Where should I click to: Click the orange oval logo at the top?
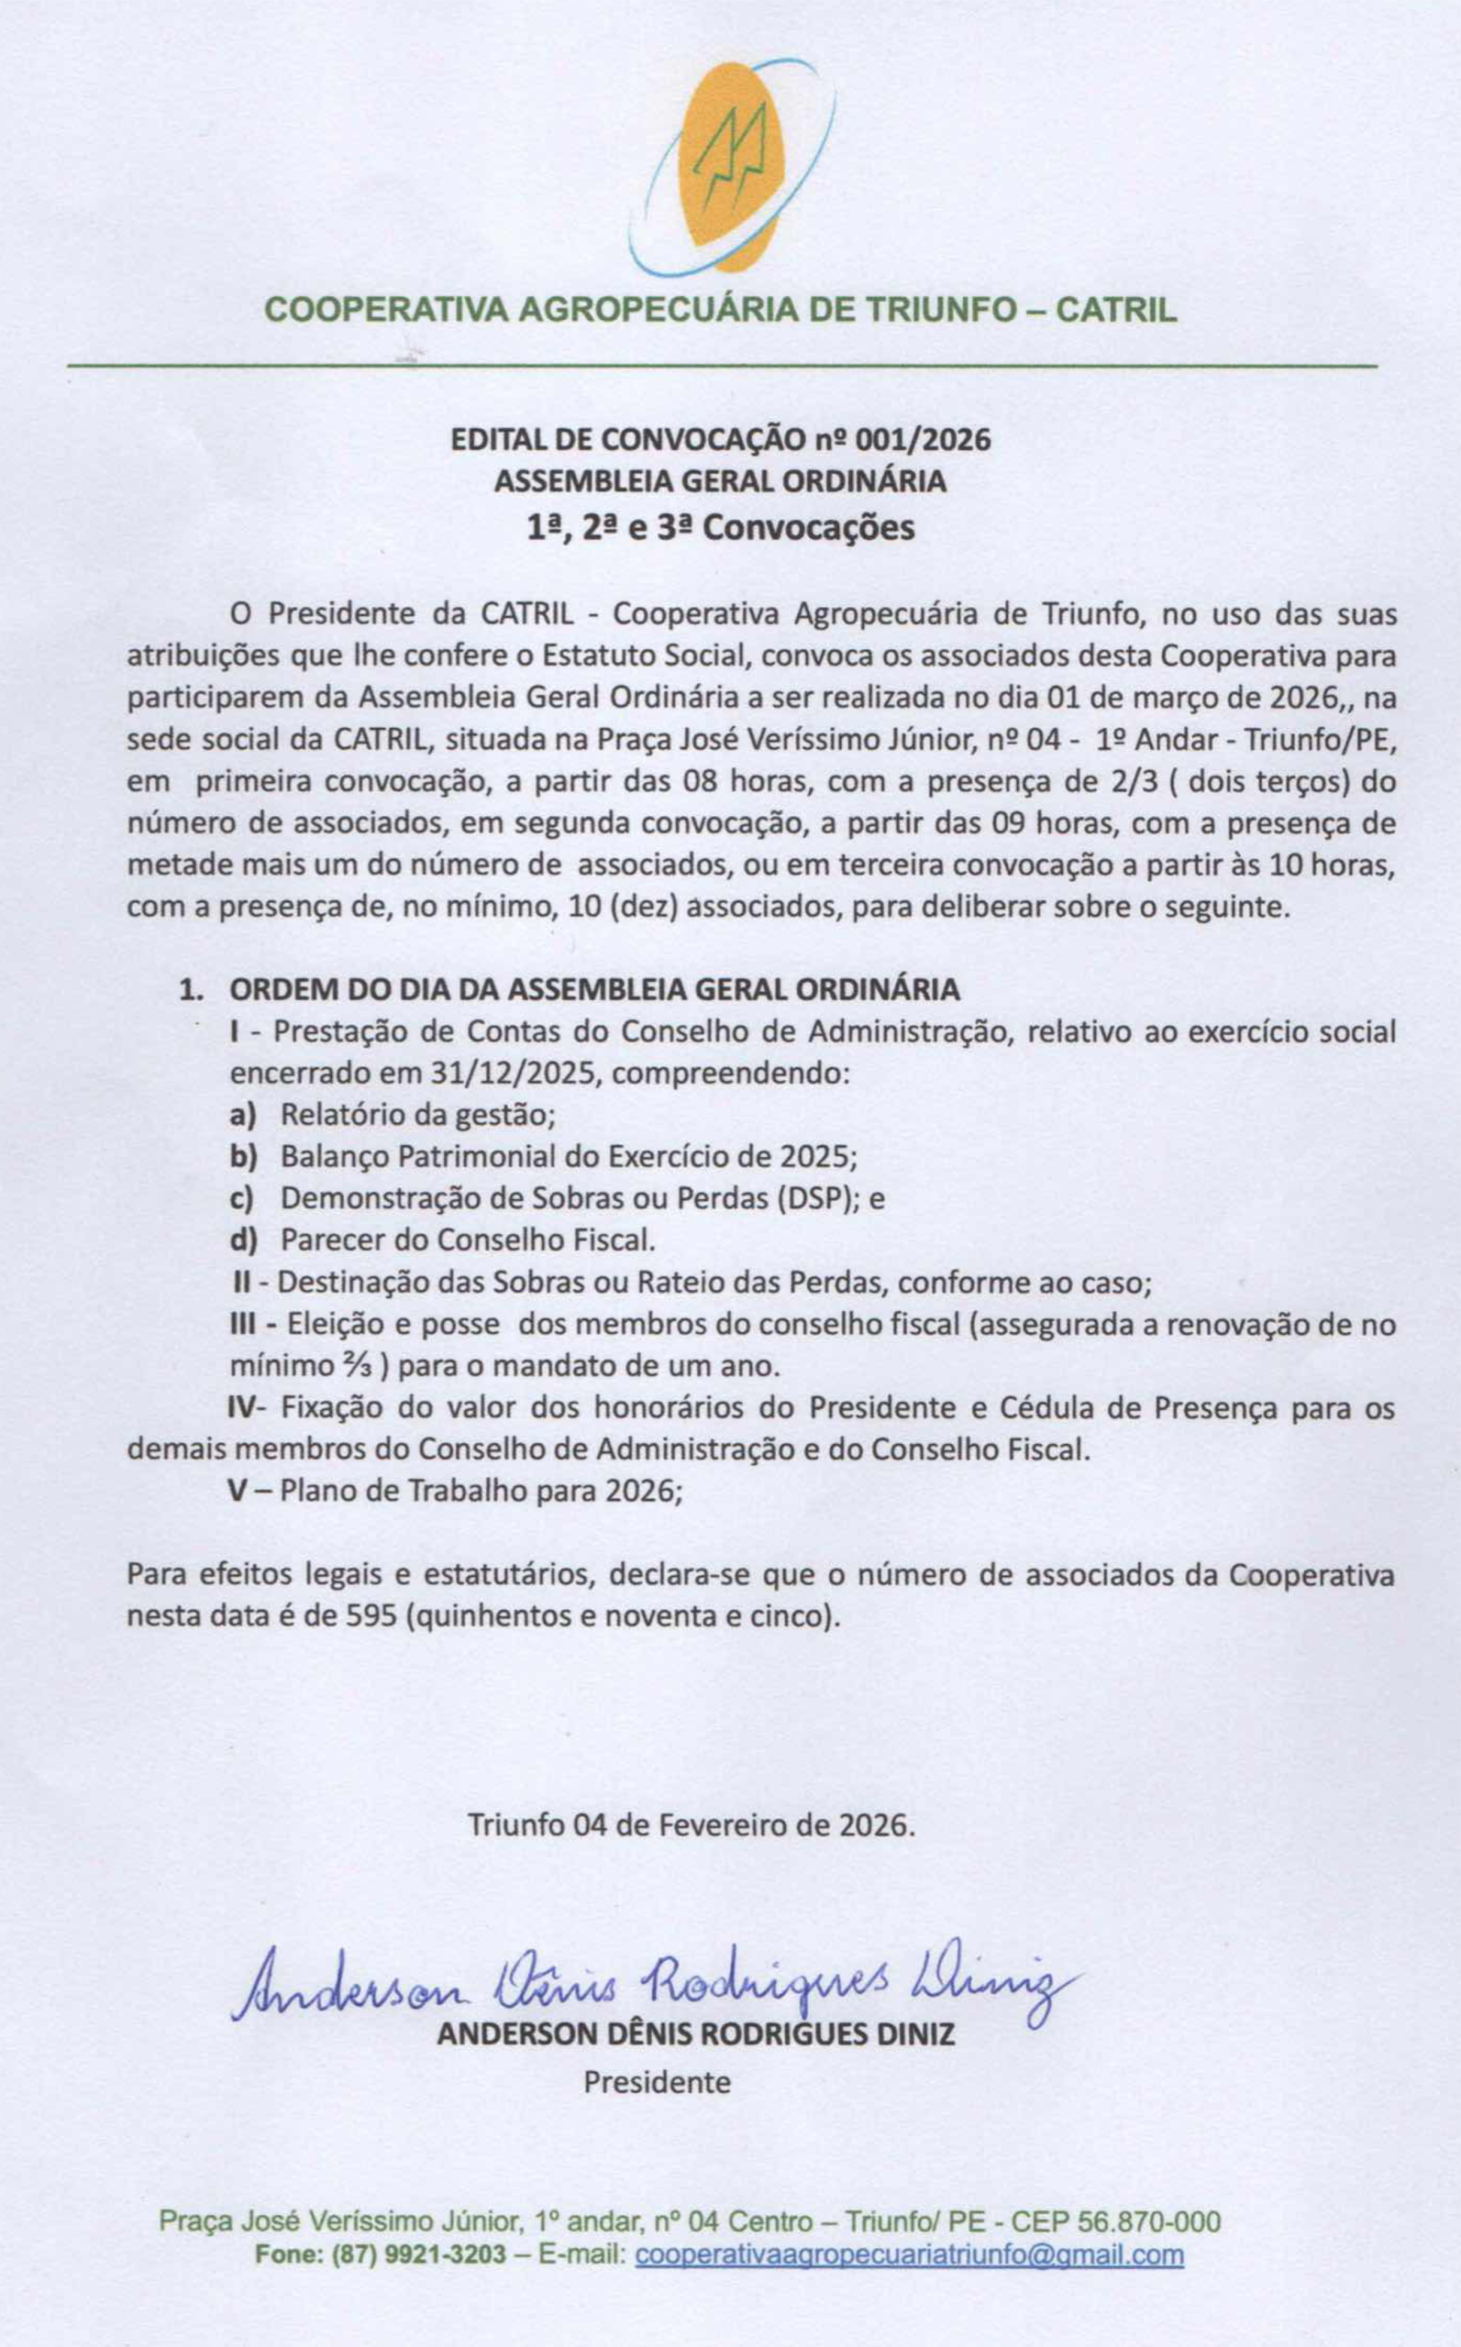point(730,164)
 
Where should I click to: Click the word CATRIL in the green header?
point(1116,311)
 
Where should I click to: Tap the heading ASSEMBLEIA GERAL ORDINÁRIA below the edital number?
point(720,481)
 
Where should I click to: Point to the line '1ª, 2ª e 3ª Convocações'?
point(720,528)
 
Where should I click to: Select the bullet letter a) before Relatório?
point(241,1115)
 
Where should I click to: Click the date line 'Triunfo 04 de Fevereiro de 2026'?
point(691,1824)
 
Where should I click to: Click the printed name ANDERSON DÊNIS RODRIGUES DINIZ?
point(696,2035)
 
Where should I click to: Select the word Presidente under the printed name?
point(657,2082)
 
